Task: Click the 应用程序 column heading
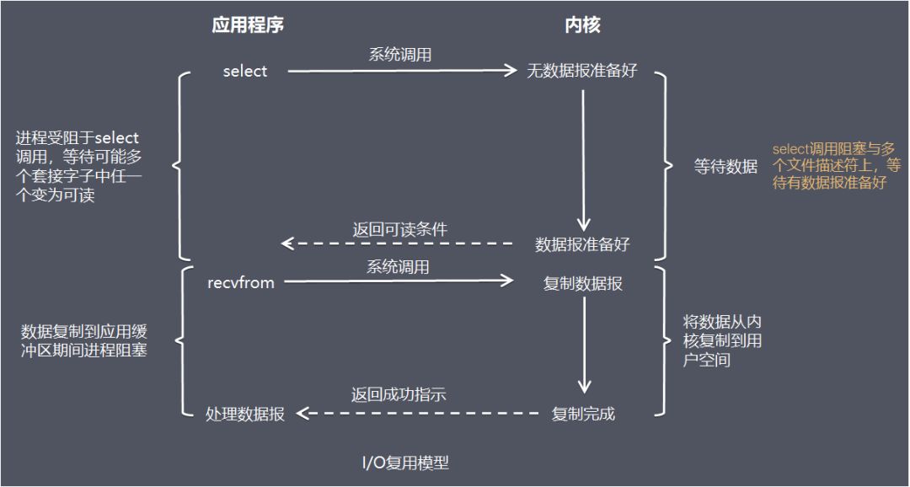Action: click(x=247, y=25)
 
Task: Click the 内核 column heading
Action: click(x=582, y=25)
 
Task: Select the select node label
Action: click(x=244, y=72)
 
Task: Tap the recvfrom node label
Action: click(x=241, y=283)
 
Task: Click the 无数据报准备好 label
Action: click(x=582, y=72)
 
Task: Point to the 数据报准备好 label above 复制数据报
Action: click(x=582, y=244)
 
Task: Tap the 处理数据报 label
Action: click(x=245, y=414)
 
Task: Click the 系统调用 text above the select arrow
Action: click(x=400, y=55)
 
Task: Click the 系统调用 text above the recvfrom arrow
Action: click(x=398, y=267)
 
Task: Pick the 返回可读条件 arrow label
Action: click(x=399, y=229)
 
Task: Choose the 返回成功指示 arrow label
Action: click(x=399, y=394)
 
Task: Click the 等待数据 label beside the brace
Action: click(x=725, y=167)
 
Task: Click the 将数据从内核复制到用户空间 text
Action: click(x=722, y=341)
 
